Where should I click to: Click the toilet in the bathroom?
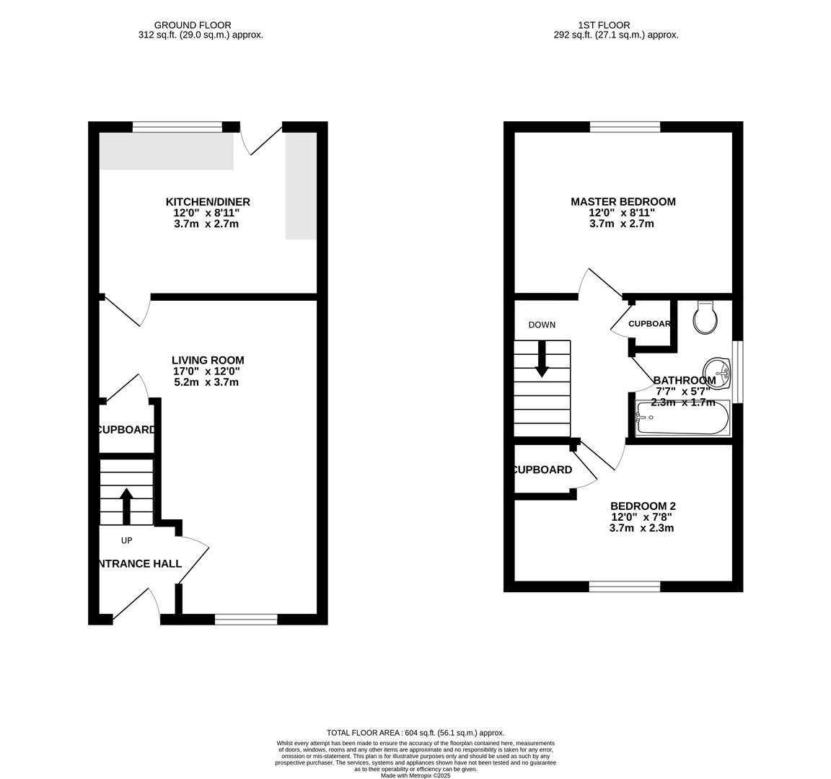tap(704, 317)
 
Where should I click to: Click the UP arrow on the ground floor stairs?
tap(126, 506)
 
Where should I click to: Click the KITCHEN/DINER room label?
tap(208, 202)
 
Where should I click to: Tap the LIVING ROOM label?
tap(208, 360)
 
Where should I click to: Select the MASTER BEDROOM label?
tap(623, 202)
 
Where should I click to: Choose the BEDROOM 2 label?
tap(643, 506)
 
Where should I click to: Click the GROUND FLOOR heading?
tap(193, 25)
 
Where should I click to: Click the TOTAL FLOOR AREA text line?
tap(415, 732)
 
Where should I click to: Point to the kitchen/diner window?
tap(177, 128)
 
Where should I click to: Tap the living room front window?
tap(246, 619)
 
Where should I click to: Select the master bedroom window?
tap(625, 128)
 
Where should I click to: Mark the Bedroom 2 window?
tap(625, 586)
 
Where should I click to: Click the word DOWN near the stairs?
tap(542, 325)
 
